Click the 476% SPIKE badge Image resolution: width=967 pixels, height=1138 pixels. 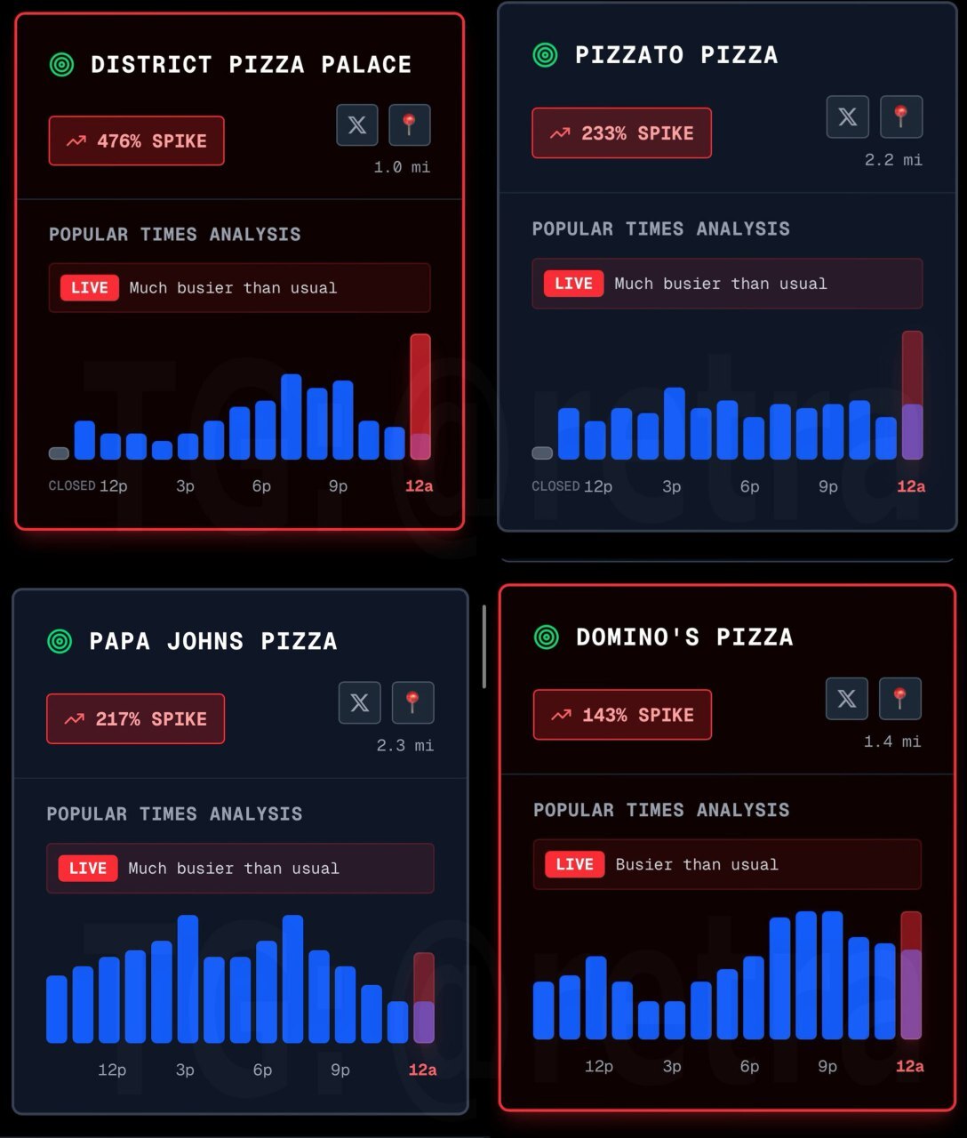[x=136, y=140]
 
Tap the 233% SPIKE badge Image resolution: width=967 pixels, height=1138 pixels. [x=621, y=133]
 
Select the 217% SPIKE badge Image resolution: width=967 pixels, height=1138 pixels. [x=135, y=718]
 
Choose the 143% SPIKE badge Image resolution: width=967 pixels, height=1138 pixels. [x=622, y=715]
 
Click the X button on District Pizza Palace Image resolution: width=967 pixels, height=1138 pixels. [x=357, y=124]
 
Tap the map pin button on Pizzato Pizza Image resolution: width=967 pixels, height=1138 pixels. [x=900, y=116]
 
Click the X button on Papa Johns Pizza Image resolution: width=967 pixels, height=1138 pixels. [x=360, y=702]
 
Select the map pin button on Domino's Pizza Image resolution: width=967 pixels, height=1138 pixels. [x=899, y=698]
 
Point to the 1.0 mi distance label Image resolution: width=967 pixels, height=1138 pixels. [x=402, y=167]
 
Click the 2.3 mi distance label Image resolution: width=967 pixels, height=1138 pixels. [x=404, y=745]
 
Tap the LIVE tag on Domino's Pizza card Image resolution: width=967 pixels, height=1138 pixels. [x=574, y=864]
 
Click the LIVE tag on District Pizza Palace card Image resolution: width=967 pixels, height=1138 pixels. [x=89, y=288]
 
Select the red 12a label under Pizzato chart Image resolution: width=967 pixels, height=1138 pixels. [x=911, y=486]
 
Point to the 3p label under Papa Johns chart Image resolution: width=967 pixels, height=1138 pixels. [x=185, y=1070]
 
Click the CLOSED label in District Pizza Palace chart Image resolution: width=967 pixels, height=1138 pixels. [x=72, y=486]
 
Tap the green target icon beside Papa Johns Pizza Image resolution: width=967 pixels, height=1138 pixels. [x=60, y=641]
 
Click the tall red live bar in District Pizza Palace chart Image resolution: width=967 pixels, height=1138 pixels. [x=420, y=396]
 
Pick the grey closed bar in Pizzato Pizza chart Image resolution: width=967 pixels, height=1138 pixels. [x=542, y=453]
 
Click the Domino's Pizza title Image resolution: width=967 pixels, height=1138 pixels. [x=683, y=637]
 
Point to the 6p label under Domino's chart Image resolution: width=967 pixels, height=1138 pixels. [x=750, y=1066]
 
